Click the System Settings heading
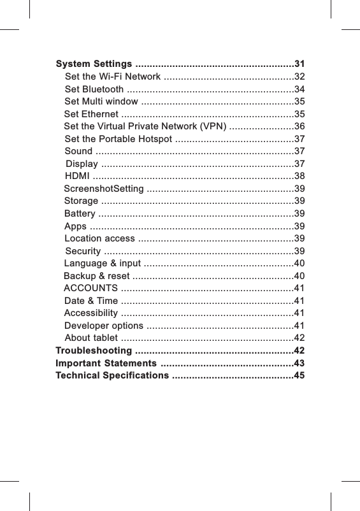(x=94, y=64)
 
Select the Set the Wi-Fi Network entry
(x=112, y=77)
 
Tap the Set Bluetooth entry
(x=94, y=89)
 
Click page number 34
(x=299, y=89)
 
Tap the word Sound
(x=78, y=151)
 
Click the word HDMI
(x=78, y=176)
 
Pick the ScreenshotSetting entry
(x=104, y=189)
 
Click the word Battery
(x=80, y=213)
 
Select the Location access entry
(x=99, y=238)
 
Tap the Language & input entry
(x=103, y=263)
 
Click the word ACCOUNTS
(x=90, y=288)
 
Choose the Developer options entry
(x=104, y=326)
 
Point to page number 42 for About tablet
(x=299, y=338)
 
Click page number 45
(x=299, y=376)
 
